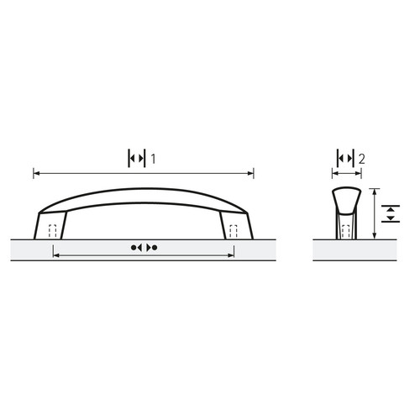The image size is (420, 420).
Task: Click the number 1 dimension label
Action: click(x=153, y=159)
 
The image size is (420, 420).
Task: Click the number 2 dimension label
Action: click(x=362, y=159)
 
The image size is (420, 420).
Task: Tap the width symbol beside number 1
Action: click(x=137, y=159)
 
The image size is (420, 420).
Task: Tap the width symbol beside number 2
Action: click(x=345, y=159)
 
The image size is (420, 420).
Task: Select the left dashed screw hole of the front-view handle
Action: click(x=53, y=231)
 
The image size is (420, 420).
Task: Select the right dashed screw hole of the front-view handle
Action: click(x=234, y=231)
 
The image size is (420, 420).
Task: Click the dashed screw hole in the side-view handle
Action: click(x=346, y=232)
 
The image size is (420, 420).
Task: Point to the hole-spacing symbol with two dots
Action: click(x=144, y=248)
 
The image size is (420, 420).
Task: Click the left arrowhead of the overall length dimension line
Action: click(x=36, y=173)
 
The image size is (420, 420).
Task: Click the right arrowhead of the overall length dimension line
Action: click(x=251, y=173)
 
